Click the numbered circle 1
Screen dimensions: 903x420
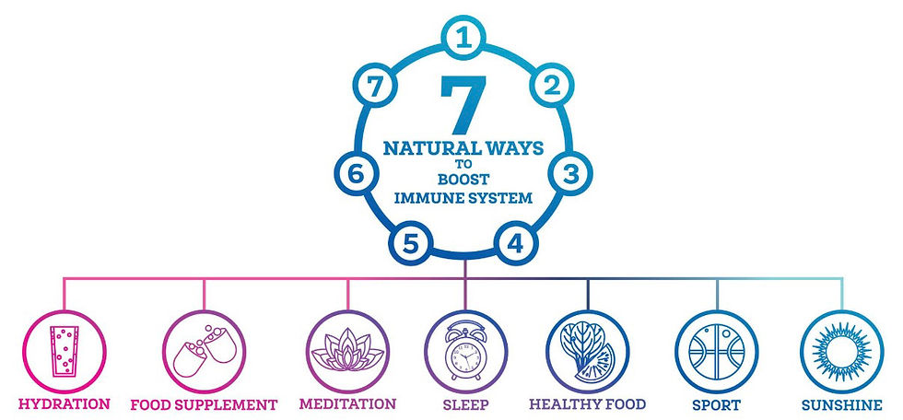tap(463, 38)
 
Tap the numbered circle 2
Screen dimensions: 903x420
tap(552, 85)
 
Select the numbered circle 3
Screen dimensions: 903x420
tap(570, 174)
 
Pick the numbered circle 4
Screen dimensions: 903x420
tap(515, 243)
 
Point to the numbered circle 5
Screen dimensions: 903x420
tap(410, 243)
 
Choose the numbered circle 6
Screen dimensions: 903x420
tap(357, 174)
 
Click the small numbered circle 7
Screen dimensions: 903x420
tap(375, 87)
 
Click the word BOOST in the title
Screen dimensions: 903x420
tap(463, 181)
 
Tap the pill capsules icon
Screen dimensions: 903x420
tap(205, 352)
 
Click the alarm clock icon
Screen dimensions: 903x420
tap(465, 350)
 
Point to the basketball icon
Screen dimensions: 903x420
tap(717, 352)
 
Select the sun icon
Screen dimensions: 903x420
tap(841, 352)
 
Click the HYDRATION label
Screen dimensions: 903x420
tap(64, 404)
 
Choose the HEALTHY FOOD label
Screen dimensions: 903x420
tap(588, 404)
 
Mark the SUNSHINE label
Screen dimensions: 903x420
tap(842, 405)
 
